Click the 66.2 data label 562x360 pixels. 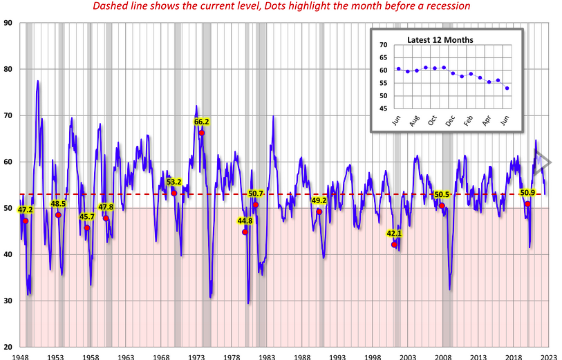coord(201,122)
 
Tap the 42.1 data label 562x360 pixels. coord(394,234)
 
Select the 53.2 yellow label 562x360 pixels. coord(174,182)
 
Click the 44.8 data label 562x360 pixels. coord(245,221)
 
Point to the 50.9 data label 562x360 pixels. coord(527,193)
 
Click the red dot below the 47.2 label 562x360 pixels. coord(26,220)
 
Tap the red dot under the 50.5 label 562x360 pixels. coord(442,206)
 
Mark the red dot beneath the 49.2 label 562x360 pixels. coord(319,211)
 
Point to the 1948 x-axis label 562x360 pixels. coord(19,357)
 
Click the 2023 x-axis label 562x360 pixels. coord(549,357)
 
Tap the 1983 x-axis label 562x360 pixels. coord(266,357)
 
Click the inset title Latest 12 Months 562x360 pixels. coord(440,39)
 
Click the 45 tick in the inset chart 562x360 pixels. coord(382,108)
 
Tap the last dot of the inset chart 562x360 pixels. coord(507,88)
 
